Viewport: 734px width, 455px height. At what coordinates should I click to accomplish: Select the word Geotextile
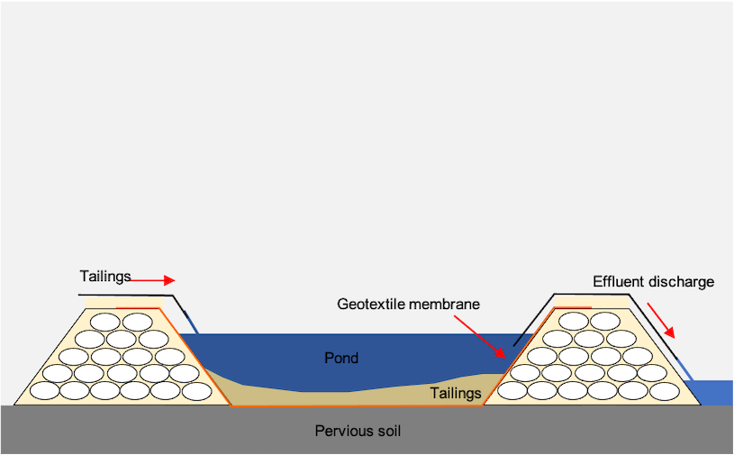tap(370, 304)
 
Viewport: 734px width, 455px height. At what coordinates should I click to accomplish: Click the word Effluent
tap(619, 281)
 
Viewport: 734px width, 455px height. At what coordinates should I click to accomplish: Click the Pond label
tap(341, 358)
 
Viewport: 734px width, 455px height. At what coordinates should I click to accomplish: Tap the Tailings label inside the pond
tap(456, 393)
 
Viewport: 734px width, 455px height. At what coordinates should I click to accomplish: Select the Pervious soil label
tap(358, 431)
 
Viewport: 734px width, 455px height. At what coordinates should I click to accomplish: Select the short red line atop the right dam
tap(572, 307)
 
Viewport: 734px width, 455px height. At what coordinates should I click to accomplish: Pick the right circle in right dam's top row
tap(605, 322)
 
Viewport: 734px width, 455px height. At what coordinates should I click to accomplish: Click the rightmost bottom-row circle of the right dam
tap(665, 391)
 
